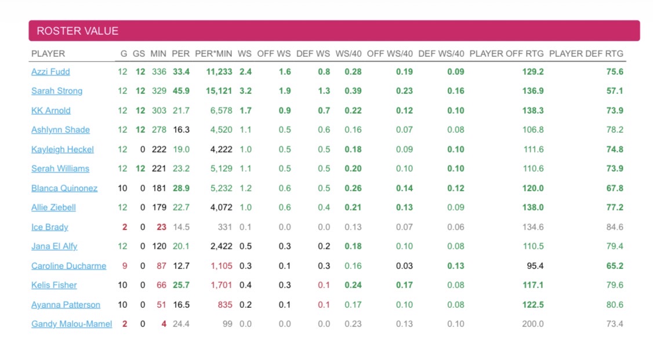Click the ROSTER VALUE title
point(77,31)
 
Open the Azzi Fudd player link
point(50,72)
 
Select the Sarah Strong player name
point(57,91)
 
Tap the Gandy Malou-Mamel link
point(71,324)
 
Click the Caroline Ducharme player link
point(68,266)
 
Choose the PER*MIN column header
point(213,53)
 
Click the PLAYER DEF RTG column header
point(586,53)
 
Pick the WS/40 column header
point(348,53)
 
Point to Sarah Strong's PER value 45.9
point(180,91)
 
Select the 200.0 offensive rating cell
point(532,324)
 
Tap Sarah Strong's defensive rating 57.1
point(614,91)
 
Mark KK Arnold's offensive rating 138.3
point(532,111)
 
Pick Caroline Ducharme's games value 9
point(124,266)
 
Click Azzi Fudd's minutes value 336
point(158,72)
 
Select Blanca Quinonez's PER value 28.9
point(180,188)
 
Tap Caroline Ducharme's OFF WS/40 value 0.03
point(404,266)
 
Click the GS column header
point(139,53)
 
